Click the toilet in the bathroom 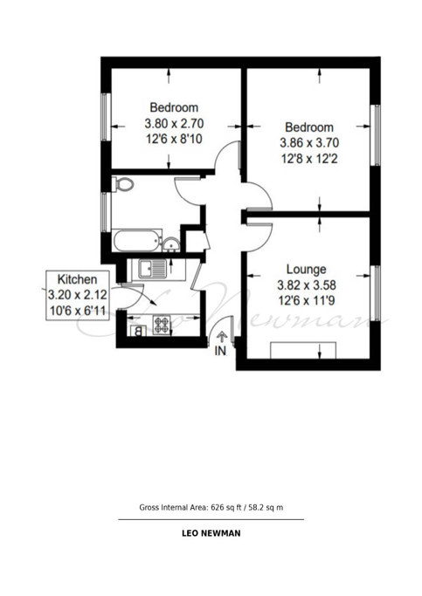click(122, 184)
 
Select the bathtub click(137, 241)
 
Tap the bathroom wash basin click(171, 244)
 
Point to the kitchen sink click(152, 269)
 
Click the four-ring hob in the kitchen click(162, 325)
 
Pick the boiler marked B click(138, 331)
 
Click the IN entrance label click(220, 351)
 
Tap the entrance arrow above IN click(222, 337)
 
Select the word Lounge click(306, 269)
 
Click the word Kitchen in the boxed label click(77, 279)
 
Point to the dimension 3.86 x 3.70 click(309, 143)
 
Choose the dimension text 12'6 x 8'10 click(174, 139)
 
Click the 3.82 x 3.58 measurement click(307, 285)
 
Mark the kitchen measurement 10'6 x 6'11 click(77, 311)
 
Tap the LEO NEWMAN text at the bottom click(211, 533)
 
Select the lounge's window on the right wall click(375, 293)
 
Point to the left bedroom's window click(106, 117)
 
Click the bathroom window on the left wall click(106, 212)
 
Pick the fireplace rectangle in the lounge click(303, 350)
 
